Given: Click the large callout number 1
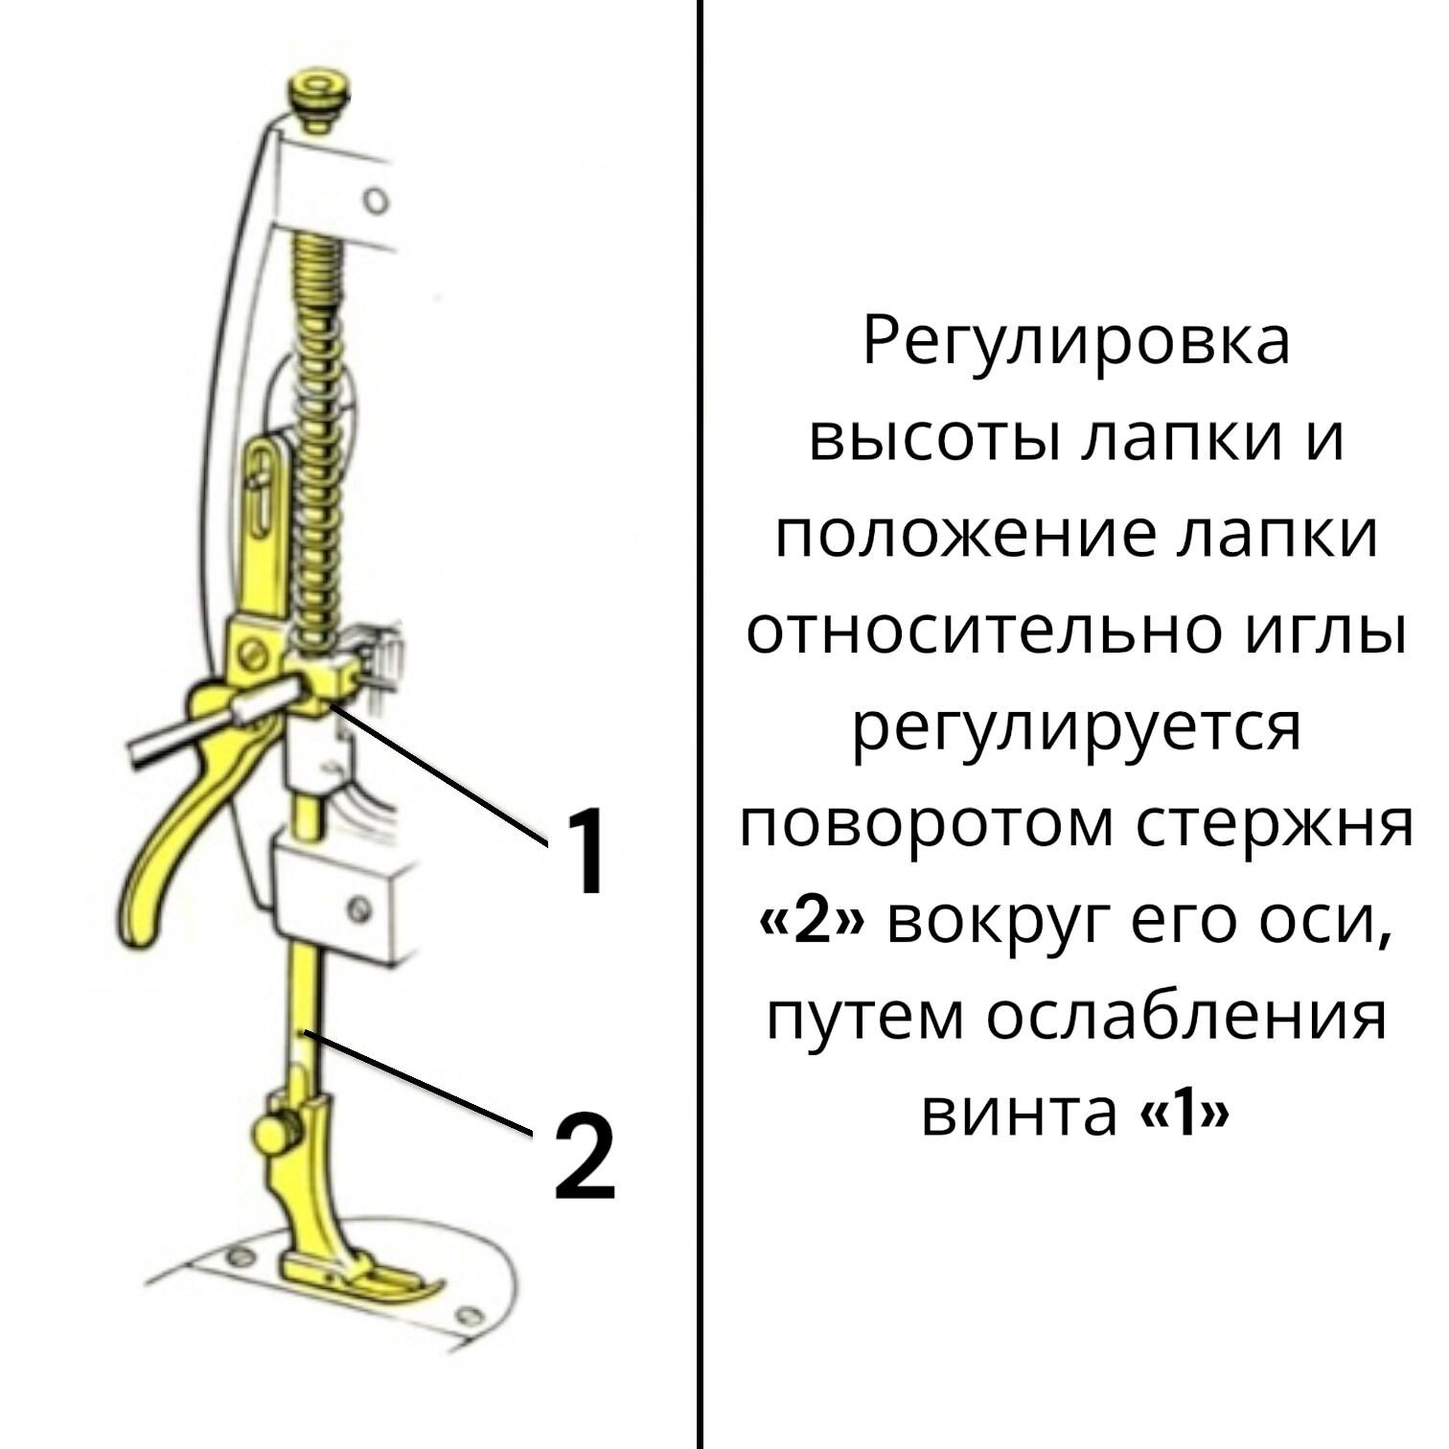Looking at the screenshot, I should pos(583,850).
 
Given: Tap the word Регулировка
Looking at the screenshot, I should pos(1075,342).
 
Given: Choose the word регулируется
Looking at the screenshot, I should pos(1075,728).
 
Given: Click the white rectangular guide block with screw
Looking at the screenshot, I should pos(335,896).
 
